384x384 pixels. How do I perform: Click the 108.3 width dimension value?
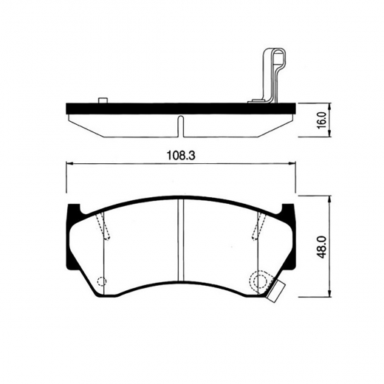click(x=181, y=156)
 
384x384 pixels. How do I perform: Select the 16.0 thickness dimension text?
click(x=323, y=120)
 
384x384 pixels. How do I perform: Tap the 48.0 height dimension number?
click(x=322, y=246)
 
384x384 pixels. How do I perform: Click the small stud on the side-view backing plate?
click(x=103, y=100)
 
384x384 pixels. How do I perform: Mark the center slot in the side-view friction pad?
click(x=181, y=126)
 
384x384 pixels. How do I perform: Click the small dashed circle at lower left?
click(x=102, y=281)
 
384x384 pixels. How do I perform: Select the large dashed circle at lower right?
click(x=259, y=280)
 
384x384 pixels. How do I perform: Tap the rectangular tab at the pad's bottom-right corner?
click(x=276, y=291)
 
